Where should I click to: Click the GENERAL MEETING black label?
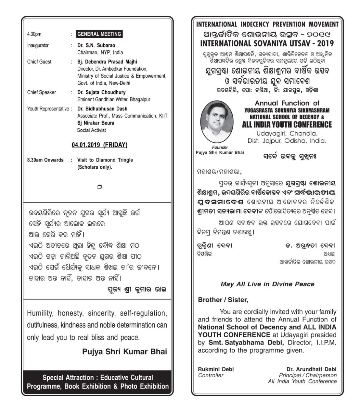99,34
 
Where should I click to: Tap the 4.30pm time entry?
34,34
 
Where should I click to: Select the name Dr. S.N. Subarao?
96,45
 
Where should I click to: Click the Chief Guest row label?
39,62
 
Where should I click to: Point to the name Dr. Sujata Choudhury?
101,92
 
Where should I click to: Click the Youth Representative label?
48,109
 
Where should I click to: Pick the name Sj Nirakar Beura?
96,123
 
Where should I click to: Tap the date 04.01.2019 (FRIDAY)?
99,145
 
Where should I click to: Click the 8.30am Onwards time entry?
45,160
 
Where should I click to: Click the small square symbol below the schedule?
99,187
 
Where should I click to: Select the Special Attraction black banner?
97,382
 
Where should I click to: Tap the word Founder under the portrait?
220,147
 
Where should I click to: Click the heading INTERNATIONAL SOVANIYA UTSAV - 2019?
267,43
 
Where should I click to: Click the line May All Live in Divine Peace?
267,284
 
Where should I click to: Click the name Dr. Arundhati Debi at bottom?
311,369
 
